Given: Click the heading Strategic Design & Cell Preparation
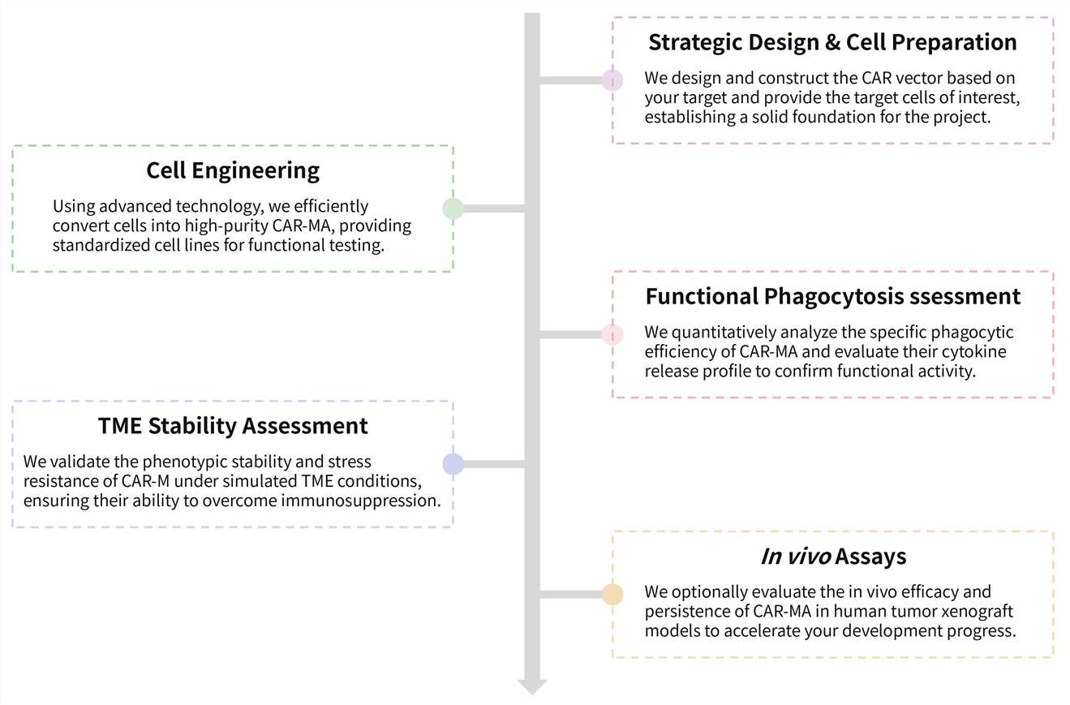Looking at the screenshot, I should click(x=832, y=42).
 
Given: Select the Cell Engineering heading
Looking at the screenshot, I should click(x=233, y=170).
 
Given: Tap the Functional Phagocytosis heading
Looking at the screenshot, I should click(x=832, y=296).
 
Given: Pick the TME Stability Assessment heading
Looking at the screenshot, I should click(x=233, y=425).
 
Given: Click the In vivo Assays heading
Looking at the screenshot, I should click(x=832, y=557).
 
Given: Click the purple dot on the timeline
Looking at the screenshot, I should click(x=612, y=80).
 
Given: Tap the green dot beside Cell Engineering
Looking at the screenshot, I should click(x=453, y=208).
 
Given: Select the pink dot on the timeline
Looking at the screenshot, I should click(x=612, y=334).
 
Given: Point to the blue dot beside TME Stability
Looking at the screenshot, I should click(x=453, y=464).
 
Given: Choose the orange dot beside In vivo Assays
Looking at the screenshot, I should click(x=612, y=595).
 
